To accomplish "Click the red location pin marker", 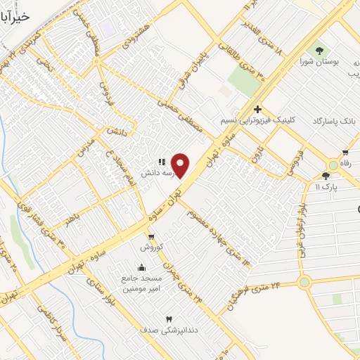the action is pyautogui.click(x=181, y=166).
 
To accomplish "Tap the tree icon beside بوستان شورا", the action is pyautogui.click(x=321, y=50).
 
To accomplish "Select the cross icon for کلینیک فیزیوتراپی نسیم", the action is pyautogui.click(x=258, y=109).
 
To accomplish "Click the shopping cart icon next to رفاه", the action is pyautogui.click(x=345, y=153).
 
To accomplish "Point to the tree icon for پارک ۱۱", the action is pyautogui.click(x=326, y=176).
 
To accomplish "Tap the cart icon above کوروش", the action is pyautogui.click(x=151, y=236).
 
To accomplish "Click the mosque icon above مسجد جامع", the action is pyautogui.click(x=142, y=267).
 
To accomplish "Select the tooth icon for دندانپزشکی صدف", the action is pyautogui.click(x=167, y=318).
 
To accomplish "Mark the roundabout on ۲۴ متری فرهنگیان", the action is pyautogui.click(x=304, y=282).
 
